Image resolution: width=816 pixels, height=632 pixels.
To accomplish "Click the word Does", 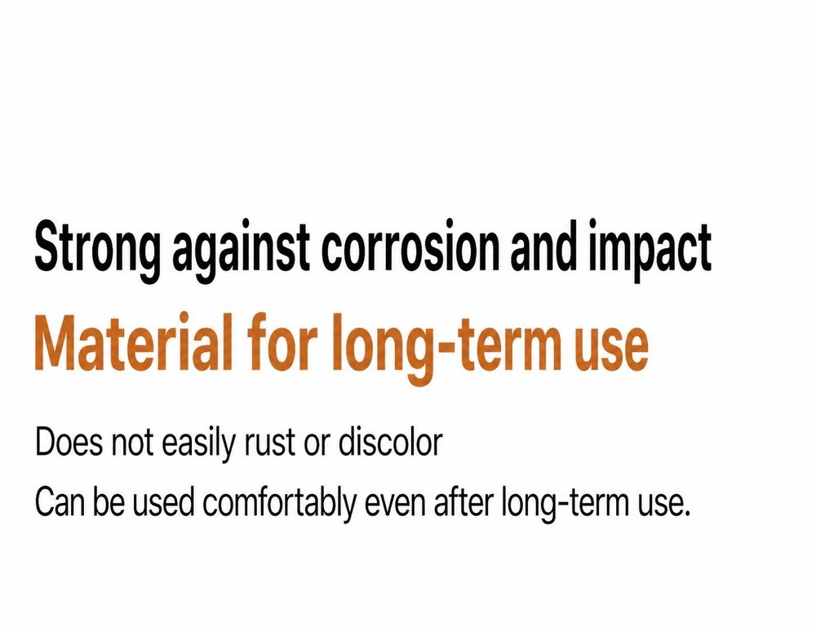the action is (69, 443).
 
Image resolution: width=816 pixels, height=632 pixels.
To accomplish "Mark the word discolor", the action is (390, 443).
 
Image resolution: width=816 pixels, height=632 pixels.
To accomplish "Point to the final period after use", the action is (686, 513).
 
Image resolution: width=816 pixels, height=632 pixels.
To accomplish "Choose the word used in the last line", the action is (163, 502).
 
